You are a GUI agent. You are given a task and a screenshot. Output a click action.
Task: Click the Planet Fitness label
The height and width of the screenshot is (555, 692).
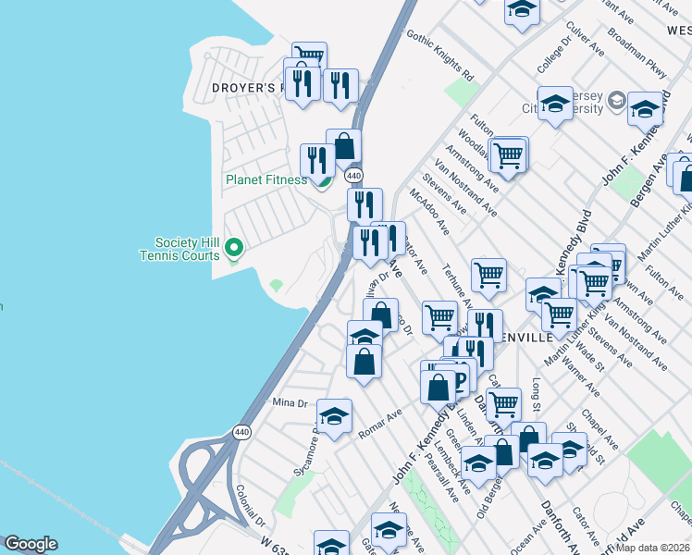[266, 179]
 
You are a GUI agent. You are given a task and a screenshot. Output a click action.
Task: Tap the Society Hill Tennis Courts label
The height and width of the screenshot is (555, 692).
[180, 248]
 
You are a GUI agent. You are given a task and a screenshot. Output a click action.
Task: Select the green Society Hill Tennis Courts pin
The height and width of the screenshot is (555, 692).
[234, 247]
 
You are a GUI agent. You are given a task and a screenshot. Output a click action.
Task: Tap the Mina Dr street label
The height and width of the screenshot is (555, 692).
[289, 402]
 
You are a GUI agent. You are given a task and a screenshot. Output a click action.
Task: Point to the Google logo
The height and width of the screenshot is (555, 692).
[31, 544]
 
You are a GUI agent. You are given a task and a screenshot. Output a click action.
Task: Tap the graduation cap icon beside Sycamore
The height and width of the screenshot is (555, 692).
[334, 416]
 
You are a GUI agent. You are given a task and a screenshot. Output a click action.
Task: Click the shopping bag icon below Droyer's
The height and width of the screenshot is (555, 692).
[343, 146]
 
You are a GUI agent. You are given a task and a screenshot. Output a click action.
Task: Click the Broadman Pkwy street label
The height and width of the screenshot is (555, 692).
[636, 52]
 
